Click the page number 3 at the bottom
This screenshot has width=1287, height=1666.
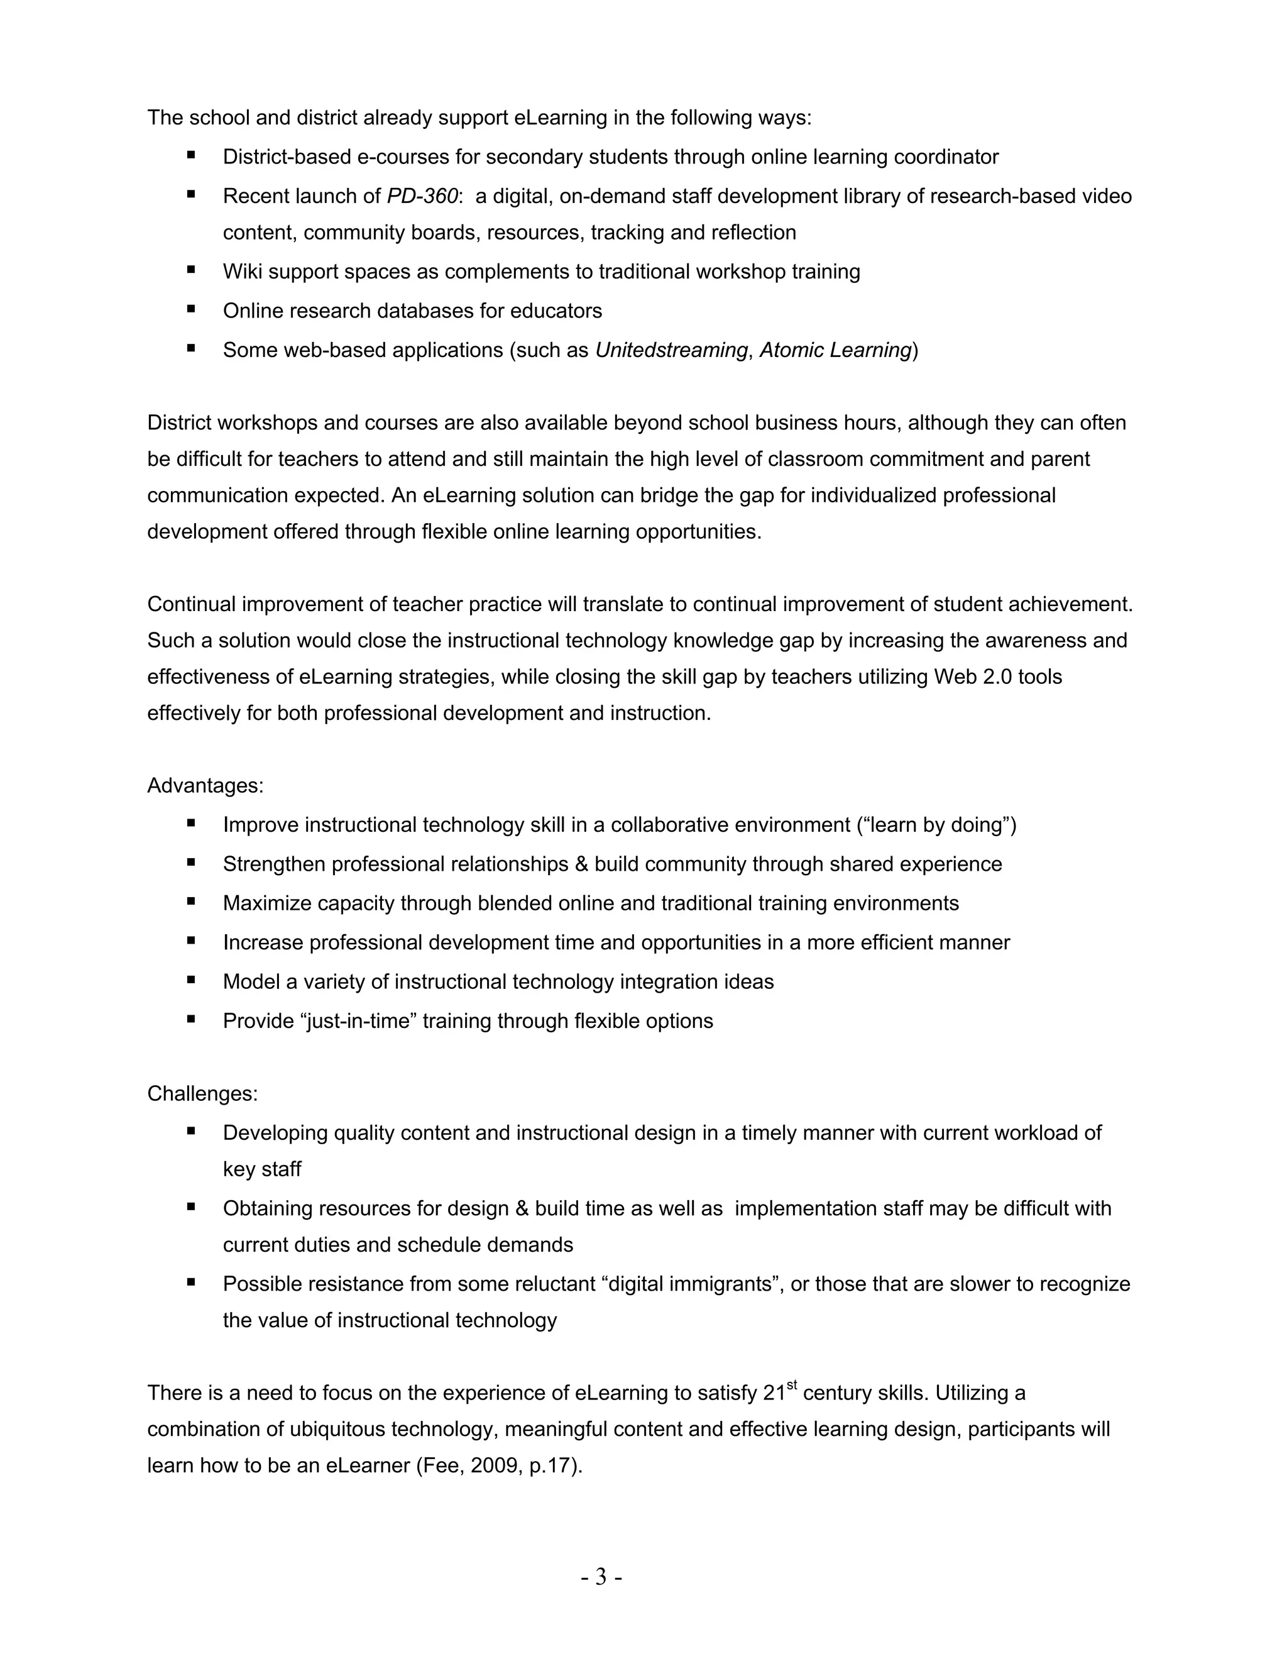coord(601,1577)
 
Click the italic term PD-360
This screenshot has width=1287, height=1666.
coord(422,196)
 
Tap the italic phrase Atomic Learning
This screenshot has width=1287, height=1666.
coord(835,350)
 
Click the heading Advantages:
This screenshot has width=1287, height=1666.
coord(205,786)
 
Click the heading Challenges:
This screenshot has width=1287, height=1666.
coord(202,1094)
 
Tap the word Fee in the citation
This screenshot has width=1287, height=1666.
coord(440,1466)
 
